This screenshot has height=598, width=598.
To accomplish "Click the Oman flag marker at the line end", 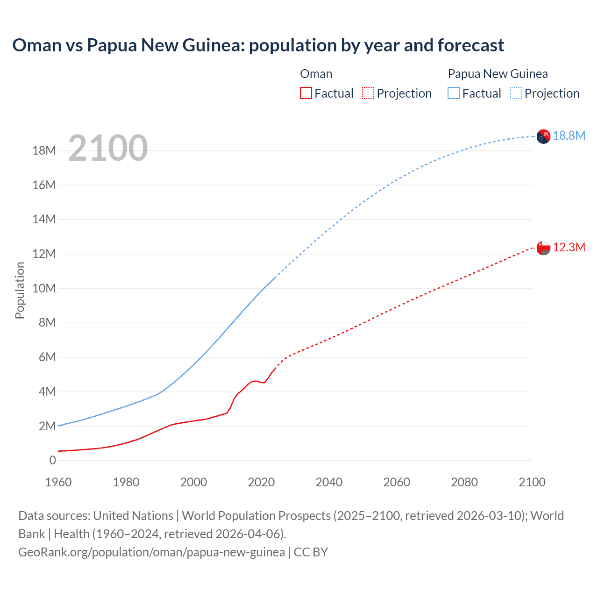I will (x=543, y=248).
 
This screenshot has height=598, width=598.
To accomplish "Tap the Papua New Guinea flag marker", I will (x=543, y=136).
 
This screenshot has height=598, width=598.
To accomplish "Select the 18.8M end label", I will (x=569, y=135).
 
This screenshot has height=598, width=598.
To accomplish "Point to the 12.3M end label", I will (x=569, y=247).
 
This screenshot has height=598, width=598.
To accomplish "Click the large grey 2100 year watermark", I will (x=108, y=148).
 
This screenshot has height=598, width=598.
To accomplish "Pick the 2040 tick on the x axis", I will (x=329, y=482).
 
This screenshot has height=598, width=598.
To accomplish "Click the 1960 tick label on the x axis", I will (x=58, y=482).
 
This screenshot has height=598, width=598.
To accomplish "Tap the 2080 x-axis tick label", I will (x=464, y=482).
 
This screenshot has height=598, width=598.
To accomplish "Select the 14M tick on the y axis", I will (x=44, y=219).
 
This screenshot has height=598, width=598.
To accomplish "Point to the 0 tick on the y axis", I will (x=52, y=460).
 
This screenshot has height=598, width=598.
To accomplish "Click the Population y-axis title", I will (x=20, y=290).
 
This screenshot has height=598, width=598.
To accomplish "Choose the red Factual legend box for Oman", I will (x=306, y=93).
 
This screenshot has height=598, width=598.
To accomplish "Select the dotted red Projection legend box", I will (x=368, y=93).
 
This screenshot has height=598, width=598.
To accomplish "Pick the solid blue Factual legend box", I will (x=454, y=93).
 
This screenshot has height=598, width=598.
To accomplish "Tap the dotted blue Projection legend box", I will (x=516, y=93).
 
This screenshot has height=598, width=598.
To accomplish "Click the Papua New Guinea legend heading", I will (x=498, y=74).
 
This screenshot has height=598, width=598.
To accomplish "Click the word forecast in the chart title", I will (x=471, y=45).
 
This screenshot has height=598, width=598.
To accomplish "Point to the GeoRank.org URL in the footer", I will (x=151, y=552).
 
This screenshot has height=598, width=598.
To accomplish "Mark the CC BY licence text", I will (x=311, y=552).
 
